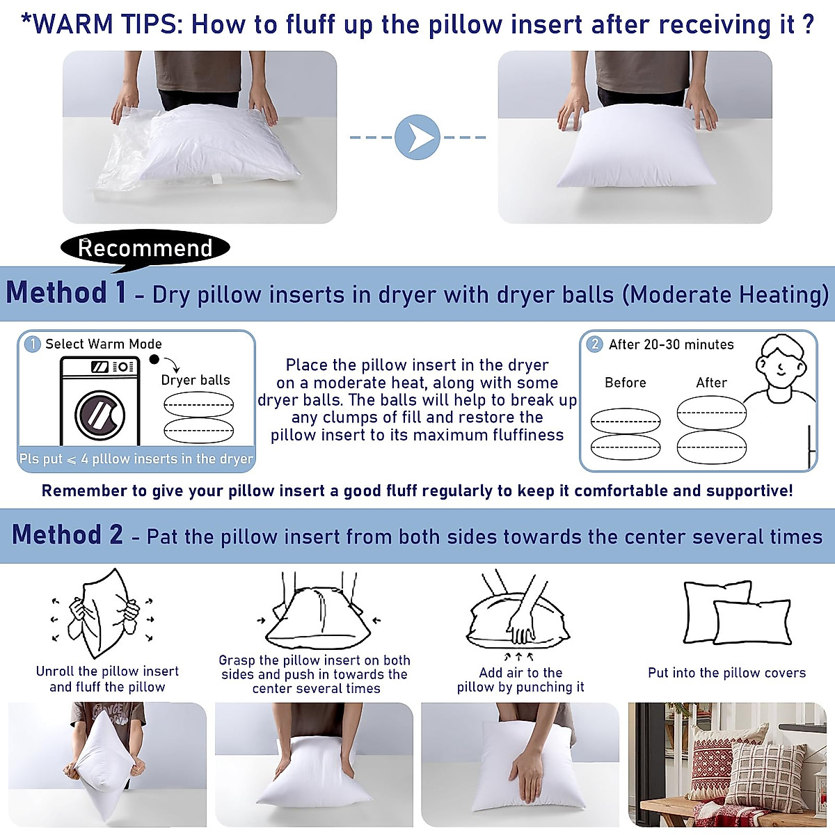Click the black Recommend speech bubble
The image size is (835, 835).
click(x=145, y=248)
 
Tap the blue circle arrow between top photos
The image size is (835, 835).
click(x=417, y=137)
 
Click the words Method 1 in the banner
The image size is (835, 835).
click(x=67, y=293)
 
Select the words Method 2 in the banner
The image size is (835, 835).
click(x=67, y=535)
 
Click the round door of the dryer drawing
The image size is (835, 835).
click(x=100, y=415)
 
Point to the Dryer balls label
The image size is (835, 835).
click(x=196, y=380)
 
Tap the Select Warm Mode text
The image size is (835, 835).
click(x=104, y=344)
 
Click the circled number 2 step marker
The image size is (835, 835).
click(x=594, y=344)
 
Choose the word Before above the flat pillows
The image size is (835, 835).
click(x=625, y=383)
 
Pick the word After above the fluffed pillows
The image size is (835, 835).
click(x=711, y=383)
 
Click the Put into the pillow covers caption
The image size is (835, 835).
click(x=726, y=673)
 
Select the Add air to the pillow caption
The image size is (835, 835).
click(x=520, y=680)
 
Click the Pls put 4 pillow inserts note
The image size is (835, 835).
click(x=136, y=459)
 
